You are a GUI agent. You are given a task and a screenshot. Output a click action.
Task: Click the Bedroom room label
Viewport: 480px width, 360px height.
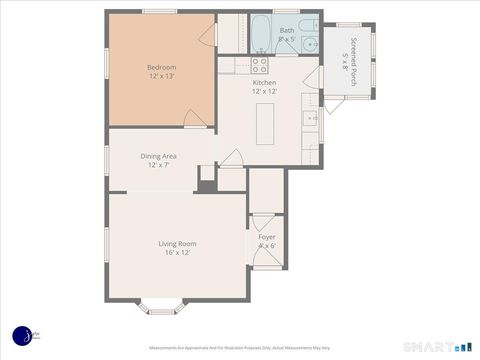pos(161,67)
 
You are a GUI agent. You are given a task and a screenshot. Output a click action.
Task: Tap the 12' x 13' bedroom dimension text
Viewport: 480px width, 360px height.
pos(161,77)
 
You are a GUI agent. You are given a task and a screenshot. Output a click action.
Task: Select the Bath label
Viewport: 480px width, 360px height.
pos(287,31)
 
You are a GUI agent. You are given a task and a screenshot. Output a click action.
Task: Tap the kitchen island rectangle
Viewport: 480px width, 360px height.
pos(265,123)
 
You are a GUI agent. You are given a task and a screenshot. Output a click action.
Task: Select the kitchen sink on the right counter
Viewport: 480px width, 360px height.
pos(310,120)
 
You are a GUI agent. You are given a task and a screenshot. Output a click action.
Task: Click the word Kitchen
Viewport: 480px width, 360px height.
pos(265,82)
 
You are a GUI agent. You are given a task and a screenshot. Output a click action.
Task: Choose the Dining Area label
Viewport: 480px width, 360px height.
pos(160,156)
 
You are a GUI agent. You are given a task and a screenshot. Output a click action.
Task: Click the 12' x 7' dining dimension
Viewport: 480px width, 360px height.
pos(160,166)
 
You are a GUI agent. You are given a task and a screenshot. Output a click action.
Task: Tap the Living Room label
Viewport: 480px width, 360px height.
pos(177,244)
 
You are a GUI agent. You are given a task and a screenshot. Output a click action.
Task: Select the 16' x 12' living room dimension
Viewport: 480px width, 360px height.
pos(177,254)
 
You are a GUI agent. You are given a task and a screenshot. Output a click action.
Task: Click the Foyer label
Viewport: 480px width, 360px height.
pos(267,237)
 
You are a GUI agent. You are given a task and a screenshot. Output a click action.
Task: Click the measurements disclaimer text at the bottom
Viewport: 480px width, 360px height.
pos(240,348)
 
